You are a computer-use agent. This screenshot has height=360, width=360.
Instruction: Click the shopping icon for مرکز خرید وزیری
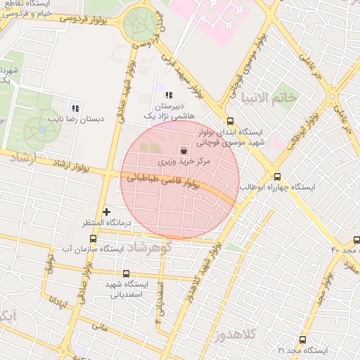coord(184,150)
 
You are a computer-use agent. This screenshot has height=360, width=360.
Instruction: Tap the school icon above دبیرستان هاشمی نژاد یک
coord(168,95)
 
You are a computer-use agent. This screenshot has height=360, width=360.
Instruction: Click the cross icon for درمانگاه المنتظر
coord(106,211)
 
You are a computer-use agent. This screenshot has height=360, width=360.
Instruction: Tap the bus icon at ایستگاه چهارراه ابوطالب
coord(277,176)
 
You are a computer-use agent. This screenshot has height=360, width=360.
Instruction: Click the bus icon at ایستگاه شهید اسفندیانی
coord(127,274)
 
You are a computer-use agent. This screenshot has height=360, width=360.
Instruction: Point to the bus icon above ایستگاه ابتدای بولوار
coord(231,120)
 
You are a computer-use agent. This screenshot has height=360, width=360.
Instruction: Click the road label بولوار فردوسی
coord(83,21)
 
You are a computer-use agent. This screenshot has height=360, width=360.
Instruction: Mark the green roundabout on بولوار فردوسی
coord(139,24)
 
